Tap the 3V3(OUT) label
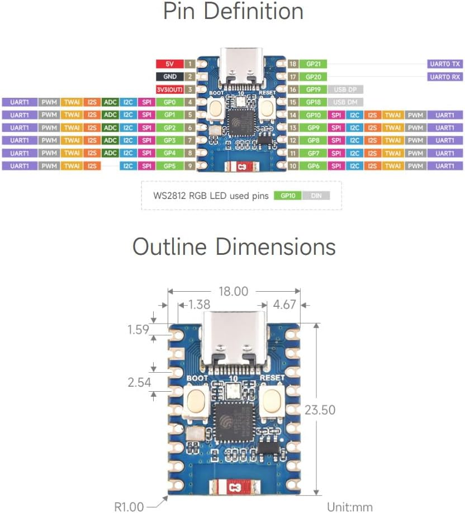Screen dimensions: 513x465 pos(169,89)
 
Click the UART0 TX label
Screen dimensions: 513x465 pos(445,64)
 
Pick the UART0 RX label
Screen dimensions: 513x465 pos(445,77)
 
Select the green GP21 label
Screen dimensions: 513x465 pos(314,64)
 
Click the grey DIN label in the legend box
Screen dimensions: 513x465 pos(316,196)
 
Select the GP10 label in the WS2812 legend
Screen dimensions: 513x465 pos(288,196)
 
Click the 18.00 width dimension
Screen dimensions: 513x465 pos(233,291)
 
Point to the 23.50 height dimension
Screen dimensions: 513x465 pos(320,410)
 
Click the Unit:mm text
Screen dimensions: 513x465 pos(349,507)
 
